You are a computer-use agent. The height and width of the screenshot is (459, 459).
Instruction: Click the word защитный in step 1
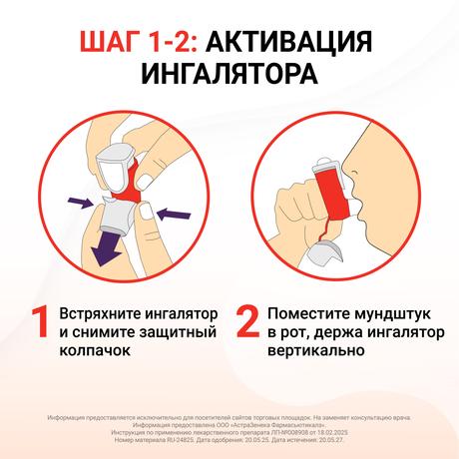180,329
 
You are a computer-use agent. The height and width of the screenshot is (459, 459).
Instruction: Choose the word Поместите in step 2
305,307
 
